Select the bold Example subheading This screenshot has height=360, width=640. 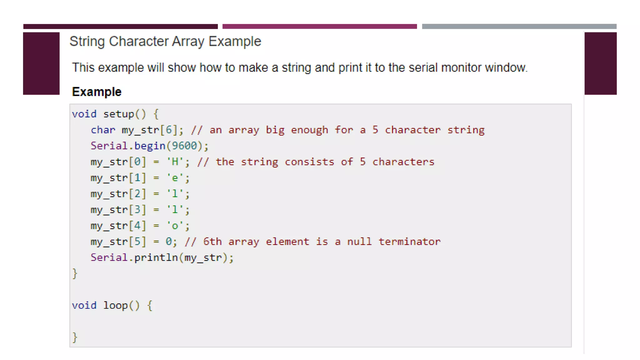(97, 92)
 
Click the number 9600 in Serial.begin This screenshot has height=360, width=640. (184, 146)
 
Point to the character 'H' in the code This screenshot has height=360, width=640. (175, 162)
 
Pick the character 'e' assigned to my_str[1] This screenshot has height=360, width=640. (175, 178)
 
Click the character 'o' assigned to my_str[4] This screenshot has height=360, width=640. (175, 226)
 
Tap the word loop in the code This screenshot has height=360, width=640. (115, 305)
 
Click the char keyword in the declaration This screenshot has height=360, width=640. (103, 130)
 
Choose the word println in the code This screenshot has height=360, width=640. (156, 257)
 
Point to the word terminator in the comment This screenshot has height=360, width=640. (409, 242)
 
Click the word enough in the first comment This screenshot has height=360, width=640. (309, 130)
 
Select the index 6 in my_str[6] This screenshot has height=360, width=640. (169, 130)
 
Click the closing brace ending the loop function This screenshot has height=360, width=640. (75, 337)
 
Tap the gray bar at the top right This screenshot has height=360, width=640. (519, 27)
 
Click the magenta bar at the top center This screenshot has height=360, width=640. (319, 27)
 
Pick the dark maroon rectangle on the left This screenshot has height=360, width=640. (41, 63)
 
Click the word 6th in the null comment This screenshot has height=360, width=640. (212, 242)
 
